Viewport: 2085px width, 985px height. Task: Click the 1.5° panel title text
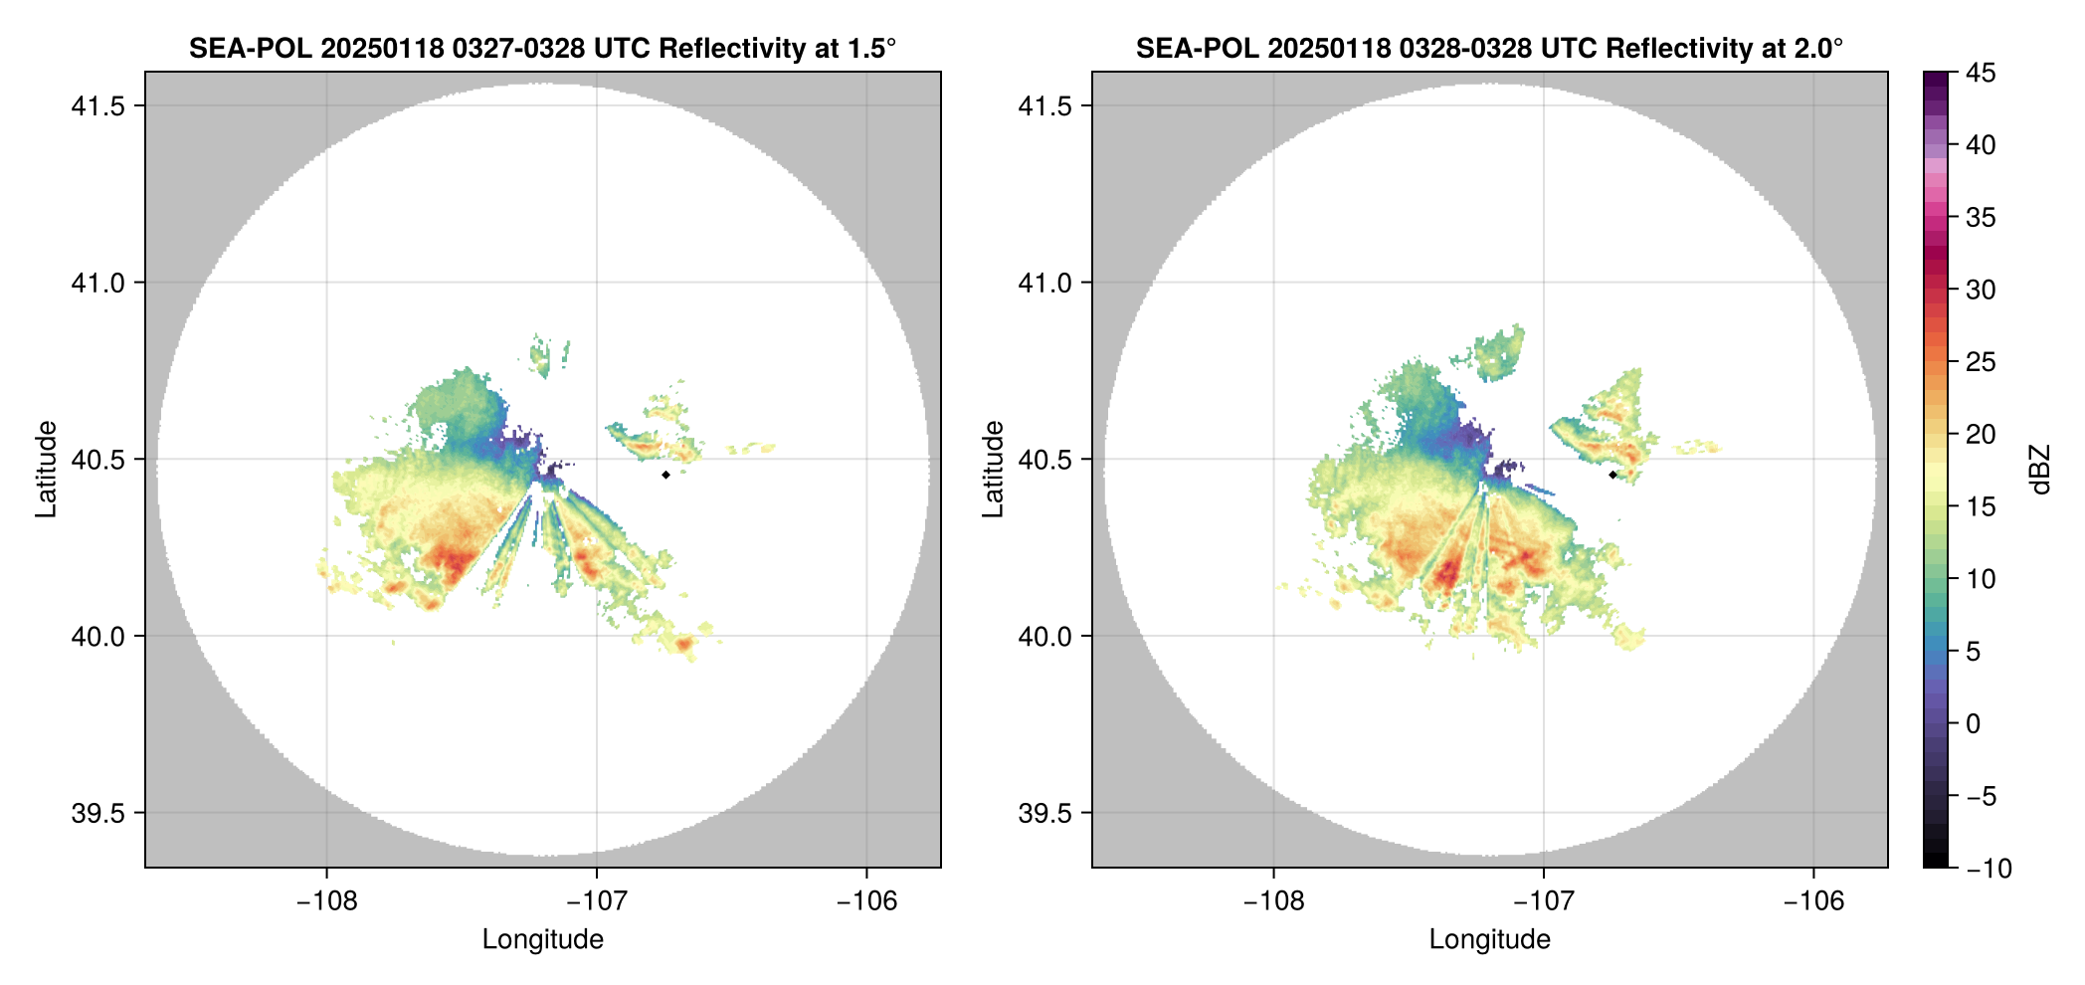[542, 48]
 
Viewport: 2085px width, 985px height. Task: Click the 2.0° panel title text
[1489, 48]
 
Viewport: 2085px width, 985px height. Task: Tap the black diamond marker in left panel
[665, 475]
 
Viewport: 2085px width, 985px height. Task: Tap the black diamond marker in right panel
[1612, 475]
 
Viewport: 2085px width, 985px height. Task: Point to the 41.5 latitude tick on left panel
[97, 105]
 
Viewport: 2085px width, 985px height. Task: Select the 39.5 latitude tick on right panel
[1044, 813]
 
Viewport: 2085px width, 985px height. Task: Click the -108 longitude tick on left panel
[326, 900]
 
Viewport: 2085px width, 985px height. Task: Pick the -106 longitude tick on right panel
[1813, 900]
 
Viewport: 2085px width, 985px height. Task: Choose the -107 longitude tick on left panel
[596, 900]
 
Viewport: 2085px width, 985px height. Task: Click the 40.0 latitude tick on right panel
[1044, 636]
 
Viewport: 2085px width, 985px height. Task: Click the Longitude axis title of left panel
[542, 939]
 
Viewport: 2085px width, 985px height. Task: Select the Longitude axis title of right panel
[1489, 939]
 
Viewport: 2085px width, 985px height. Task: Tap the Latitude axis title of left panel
[46, 469]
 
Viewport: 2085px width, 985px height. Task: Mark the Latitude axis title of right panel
[993, 469]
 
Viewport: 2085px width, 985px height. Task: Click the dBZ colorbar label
[2040, 469]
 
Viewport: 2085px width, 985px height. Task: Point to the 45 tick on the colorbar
[1981, 73]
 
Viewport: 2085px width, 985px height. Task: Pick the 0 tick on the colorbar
[1974, 723]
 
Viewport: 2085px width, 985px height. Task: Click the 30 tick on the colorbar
[1981, 290]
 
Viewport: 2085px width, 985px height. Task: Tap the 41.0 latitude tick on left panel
[97, 283]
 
